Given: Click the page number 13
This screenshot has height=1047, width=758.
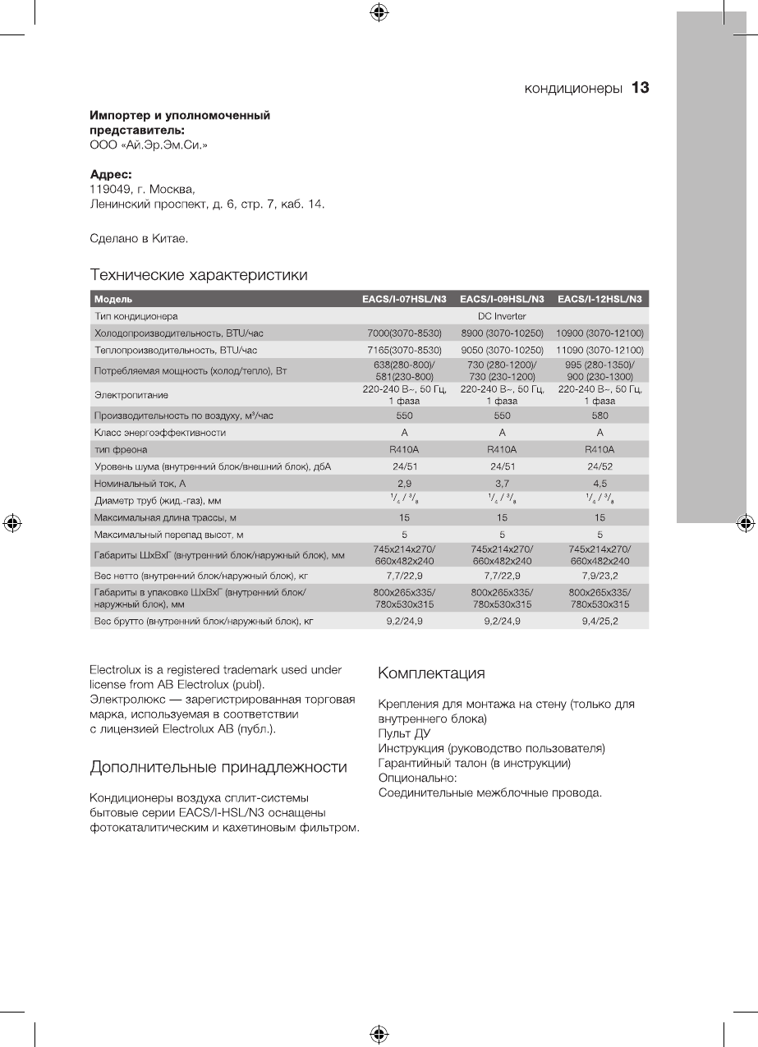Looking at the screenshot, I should pyautogui.click(x=641, y=88).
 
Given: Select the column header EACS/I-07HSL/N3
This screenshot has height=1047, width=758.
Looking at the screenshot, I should pyautogui.click(x=404, y=299).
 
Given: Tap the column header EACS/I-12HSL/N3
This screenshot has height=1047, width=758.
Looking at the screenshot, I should pyautogui.click(x=600, y=299).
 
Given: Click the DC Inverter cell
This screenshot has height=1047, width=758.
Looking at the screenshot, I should pyautogui.click(x=502, y=316).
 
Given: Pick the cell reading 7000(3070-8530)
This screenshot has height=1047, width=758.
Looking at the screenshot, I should pyautogui.click(x=404, y=333).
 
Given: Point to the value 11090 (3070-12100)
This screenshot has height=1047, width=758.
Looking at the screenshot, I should pyautogui.click(x=600, y=351).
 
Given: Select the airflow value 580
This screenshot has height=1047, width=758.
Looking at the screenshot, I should pyautogui.click(x=600, y=416).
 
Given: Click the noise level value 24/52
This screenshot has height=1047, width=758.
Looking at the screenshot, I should pyautogui.click(x=600, y=466).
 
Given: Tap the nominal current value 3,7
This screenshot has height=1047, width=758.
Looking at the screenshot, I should pyautogui.click(x=502, y=484).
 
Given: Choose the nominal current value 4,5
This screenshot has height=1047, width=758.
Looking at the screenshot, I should pyautogui.click(x=600, y=484).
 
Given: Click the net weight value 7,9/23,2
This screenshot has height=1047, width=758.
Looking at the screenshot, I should pyautogui.click(x=600, y=576).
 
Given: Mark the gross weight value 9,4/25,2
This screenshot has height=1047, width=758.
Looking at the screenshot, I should pyautogui.click(x=600, y=621).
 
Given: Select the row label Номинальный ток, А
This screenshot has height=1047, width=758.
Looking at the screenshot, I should pyautogui.click(x=140, y=484).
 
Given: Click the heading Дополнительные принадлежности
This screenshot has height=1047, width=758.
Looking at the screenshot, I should pyautogui.click(x=218, y=768).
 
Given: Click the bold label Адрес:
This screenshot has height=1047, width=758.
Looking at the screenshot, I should pyautogui.click(x=111, y=175).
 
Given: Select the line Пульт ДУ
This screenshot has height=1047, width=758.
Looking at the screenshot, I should pyautogui.click(x=404, y=733).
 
